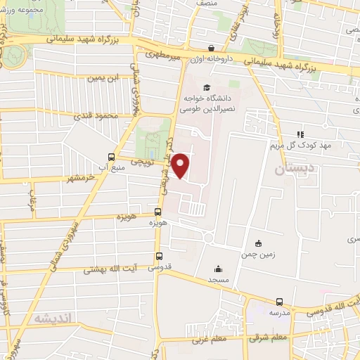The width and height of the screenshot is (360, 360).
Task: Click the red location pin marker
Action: [x=181, y=164]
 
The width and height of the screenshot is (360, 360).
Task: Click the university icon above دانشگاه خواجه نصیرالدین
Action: [x=206, y=87]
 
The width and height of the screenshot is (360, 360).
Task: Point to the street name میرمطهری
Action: [x=163, y=53]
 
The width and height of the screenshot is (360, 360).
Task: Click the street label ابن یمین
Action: [x=100, y=77]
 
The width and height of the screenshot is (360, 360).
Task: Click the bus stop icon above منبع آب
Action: [x=111, y=157]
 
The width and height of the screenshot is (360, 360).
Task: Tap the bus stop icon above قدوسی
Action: [x=159, y=256]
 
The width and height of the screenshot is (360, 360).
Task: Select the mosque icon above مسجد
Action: [x=218, y=268]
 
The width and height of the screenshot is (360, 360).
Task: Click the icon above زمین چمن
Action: [x=259, y=243]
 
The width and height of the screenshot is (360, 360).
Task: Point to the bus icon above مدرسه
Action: [x=279, y=301]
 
